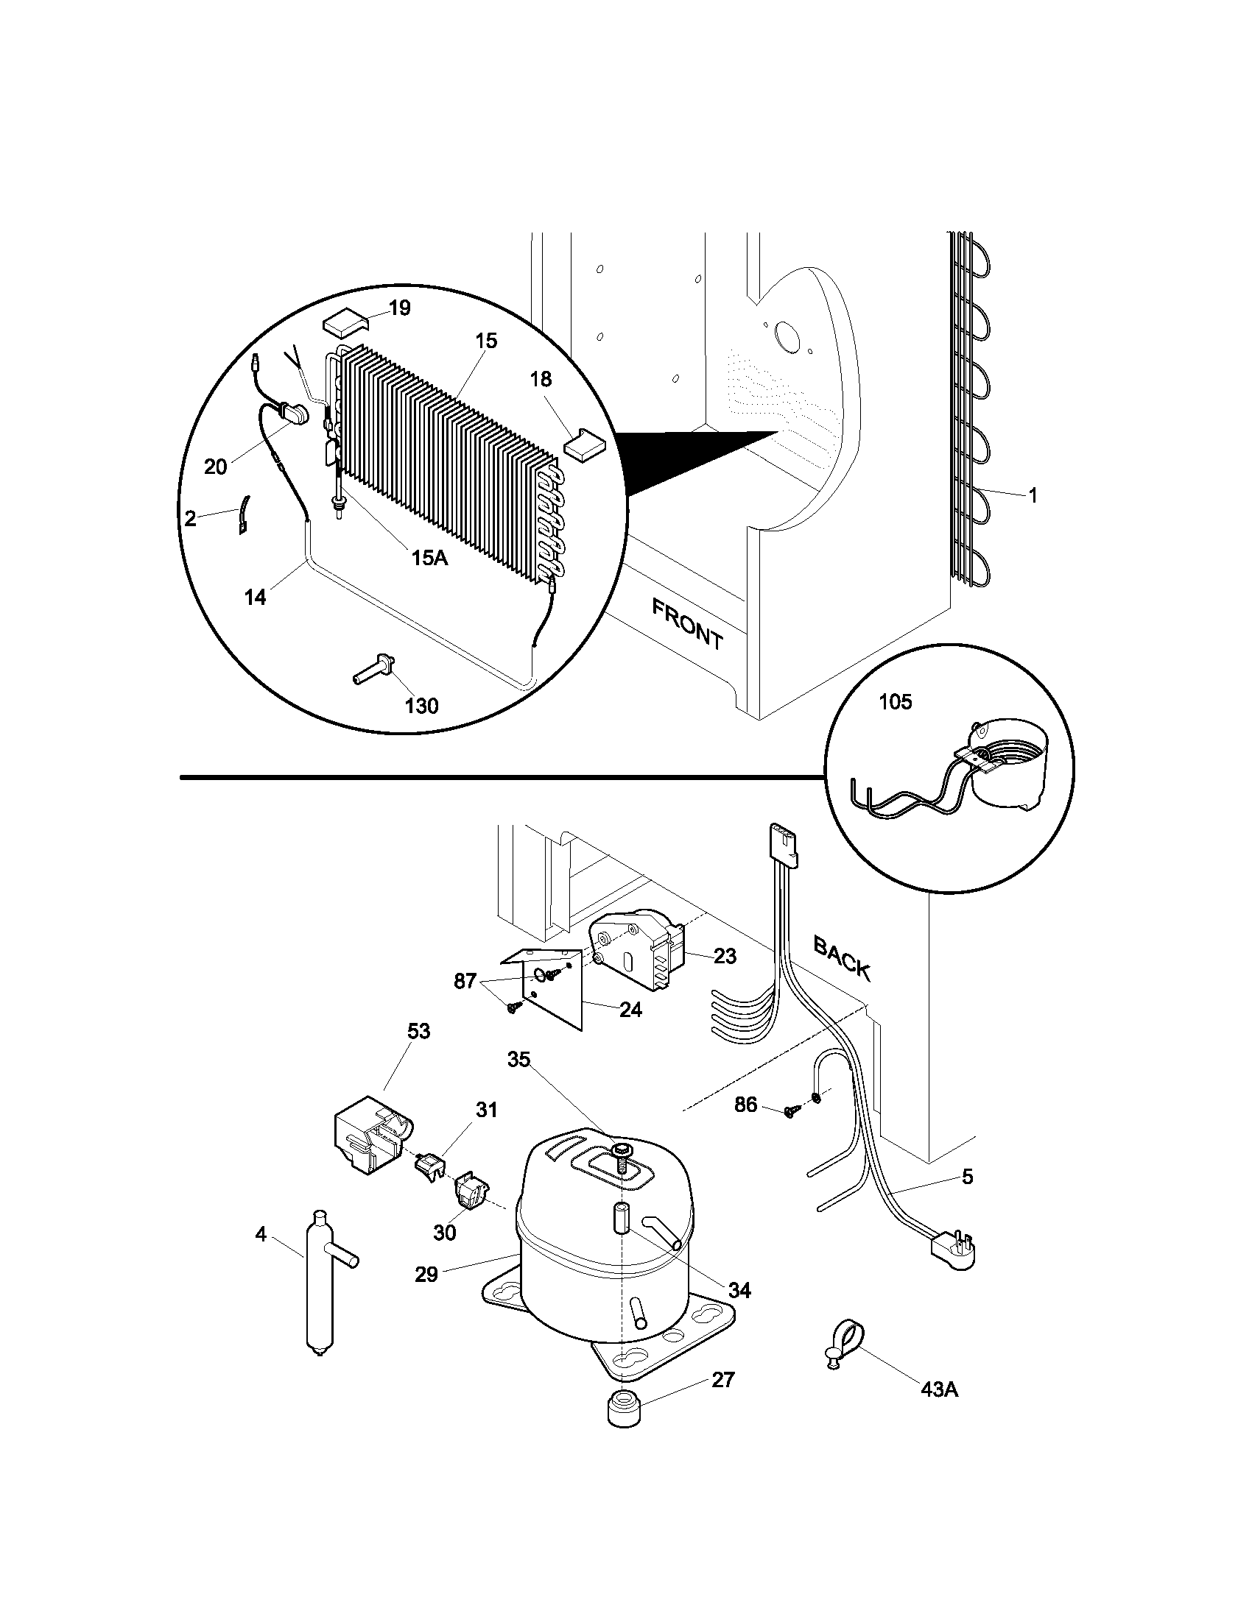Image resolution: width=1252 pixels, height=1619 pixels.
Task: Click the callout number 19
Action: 400,308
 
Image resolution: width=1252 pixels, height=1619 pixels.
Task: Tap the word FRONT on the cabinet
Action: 687,624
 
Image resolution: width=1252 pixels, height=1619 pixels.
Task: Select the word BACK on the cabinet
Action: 842,957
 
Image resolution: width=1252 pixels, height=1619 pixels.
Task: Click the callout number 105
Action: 896,701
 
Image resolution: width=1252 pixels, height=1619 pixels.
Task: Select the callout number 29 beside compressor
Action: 426,1275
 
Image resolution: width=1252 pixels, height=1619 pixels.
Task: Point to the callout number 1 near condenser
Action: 1033,496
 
